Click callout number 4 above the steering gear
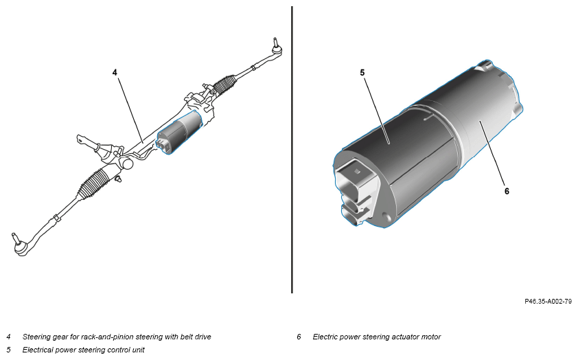[x=115, y=71]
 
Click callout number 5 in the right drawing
[x=362, y=71]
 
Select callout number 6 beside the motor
[x=507, y=191]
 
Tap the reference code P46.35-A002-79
[x=548, y=301]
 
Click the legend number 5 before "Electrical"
[x=9, y=349]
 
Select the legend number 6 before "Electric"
[x=299, y=337]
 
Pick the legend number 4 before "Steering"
[x=9, y=337]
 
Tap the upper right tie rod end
[x=276, y=46]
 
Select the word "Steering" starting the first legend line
[x=36, y=337]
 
